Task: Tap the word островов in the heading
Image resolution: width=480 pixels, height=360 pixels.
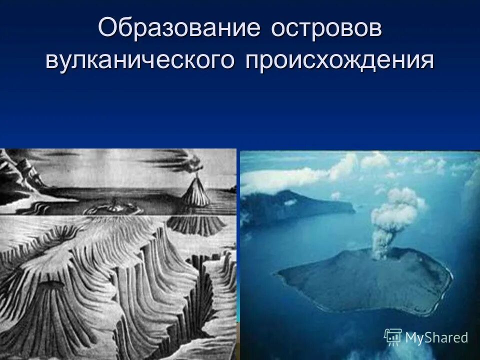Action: (x=326, y=28)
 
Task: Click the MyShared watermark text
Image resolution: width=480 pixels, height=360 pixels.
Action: (x=436, y=337)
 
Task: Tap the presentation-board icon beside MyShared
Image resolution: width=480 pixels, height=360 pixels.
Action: (x=393, y=337)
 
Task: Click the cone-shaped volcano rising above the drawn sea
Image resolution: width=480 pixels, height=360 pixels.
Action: (x=196, y=192)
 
